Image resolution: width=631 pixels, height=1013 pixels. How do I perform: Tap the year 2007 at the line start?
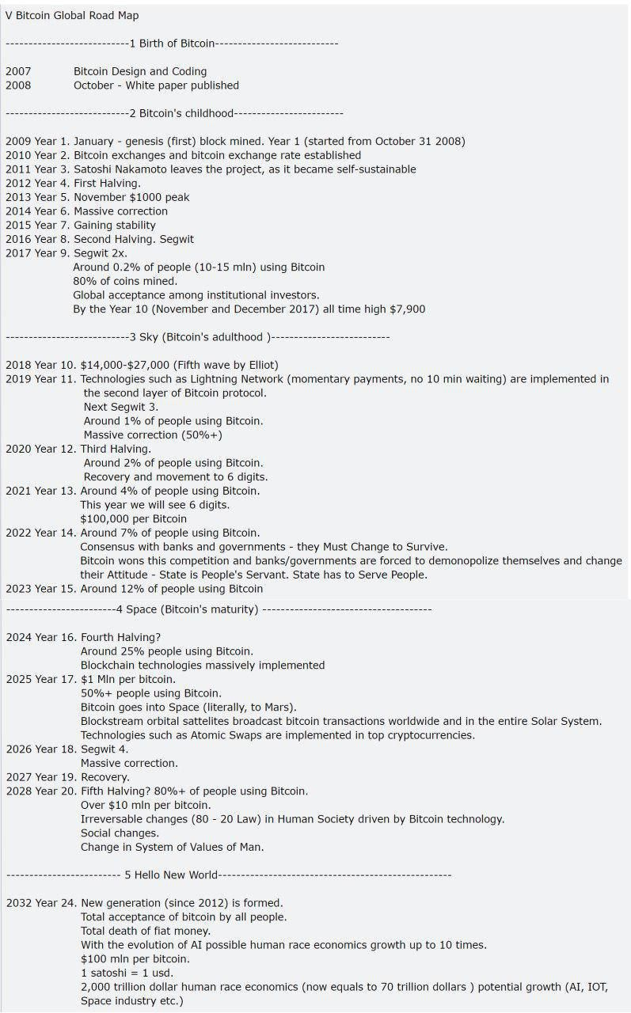pyautogui.click(x=17, y=71)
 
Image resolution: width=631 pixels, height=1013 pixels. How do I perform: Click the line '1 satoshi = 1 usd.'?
pyautogui.click(x=127, y=973)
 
